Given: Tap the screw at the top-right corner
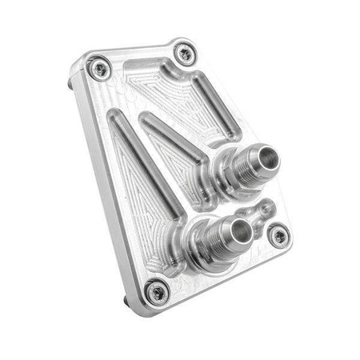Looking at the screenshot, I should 185,54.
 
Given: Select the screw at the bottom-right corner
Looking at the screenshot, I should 277,234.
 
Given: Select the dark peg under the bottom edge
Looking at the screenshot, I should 127,302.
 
